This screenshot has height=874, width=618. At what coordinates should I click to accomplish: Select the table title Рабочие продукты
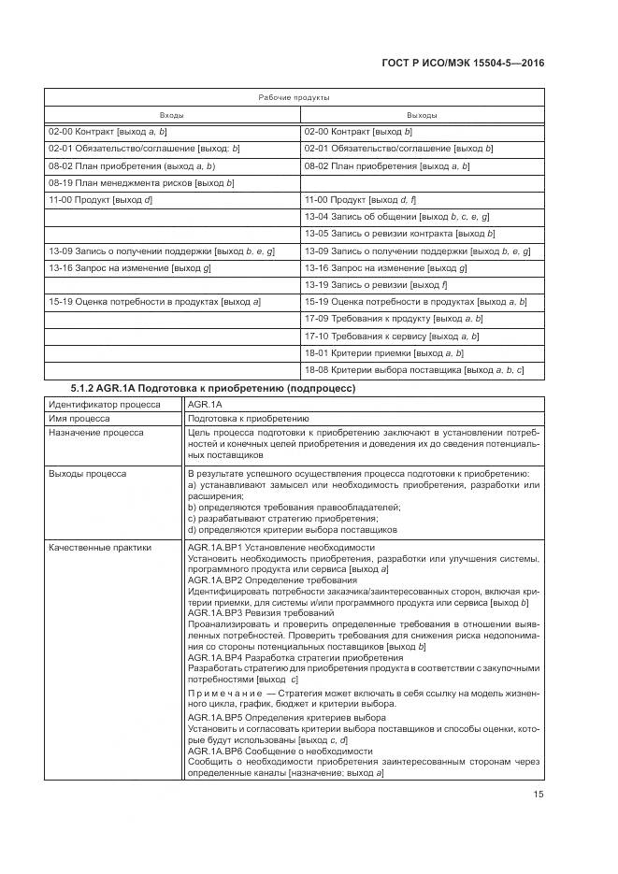(x=293, y=97)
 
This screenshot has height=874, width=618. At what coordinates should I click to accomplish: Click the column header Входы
(x=172, y=115)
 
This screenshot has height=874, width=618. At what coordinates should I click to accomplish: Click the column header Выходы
(x=421, y=115)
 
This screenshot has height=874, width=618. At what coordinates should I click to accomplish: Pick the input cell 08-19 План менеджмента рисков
(x=141, y=182)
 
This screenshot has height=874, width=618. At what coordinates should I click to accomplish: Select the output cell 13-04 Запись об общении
(x=397, y=217)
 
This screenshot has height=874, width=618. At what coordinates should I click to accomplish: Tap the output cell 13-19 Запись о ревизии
(x=377, y=284)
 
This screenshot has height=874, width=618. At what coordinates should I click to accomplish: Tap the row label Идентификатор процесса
(x=104, y=405)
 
